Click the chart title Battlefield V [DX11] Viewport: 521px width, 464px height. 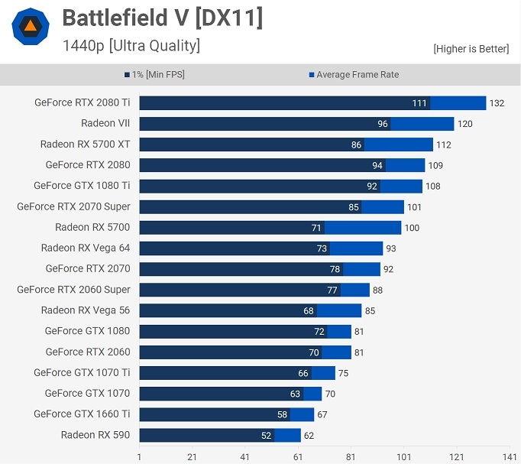click(162, 18)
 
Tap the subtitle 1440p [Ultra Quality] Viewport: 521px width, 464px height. click(131, 46)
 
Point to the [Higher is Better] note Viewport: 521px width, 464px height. click(471, 49)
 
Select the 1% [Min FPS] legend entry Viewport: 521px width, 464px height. click(154, 75)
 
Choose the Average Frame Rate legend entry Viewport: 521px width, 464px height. click(354, 75)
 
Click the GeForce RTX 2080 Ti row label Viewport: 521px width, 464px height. click(82, 102)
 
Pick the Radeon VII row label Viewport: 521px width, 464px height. click(105, 123)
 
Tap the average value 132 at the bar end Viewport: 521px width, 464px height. click(497, 103)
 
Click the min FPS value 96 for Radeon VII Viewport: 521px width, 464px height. click(383, 124)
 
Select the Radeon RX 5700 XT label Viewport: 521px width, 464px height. click(85, 144)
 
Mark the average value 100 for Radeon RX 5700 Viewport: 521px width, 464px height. click(412, 228)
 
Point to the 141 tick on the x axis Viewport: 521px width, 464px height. click(510, 456)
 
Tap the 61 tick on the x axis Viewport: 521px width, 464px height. click(298, 456)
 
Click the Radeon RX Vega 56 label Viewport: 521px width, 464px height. click(86, 310)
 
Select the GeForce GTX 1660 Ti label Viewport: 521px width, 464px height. click(82, 414)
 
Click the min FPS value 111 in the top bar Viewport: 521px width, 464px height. click(419, 103)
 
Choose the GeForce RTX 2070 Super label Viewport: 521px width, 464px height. click(73, 206)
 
